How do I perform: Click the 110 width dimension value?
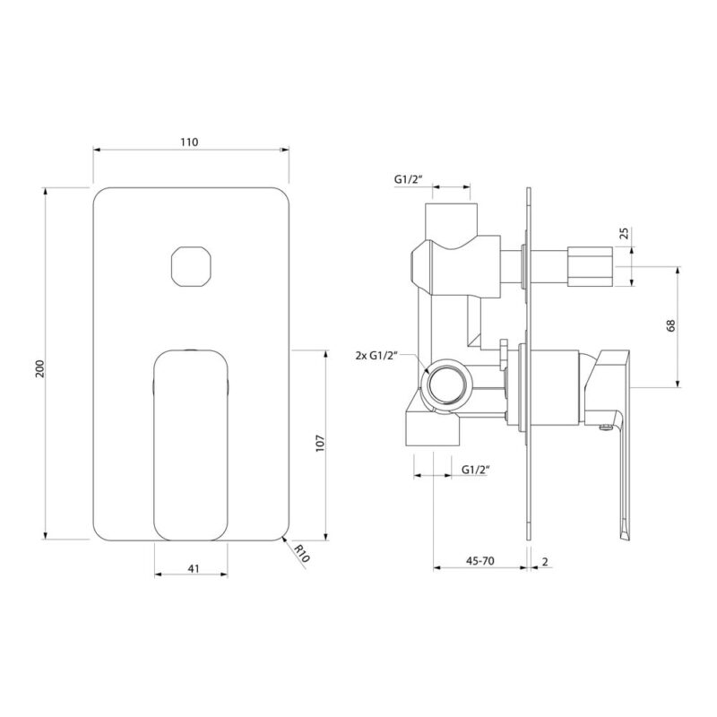[x=189, y=143]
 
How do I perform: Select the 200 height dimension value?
[x=40, y=368]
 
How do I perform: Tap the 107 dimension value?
[x=320, y=444]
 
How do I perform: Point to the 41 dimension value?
[x=194, y=568]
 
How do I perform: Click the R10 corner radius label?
[x=302, y=553]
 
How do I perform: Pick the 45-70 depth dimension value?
[x=480, y=561]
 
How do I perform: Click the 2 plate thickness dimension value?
[x=545, y=561]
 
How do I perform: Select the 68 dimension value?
[x=670, y=325]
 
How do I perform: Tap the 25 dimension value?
[x=624, y=233]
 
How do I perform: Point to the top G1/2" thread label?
[x=409, y=179]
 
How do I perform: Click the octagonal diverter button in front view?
[x=191, y=266]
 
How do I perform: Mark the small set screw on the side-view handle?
[x=606, y=428]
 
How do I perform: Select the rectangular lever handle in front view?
[x=191, y=445]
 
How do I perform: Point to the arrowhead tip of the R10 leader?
[x=283, y=537]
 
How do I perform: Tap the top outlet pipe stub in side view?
[x=453, y=221]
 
